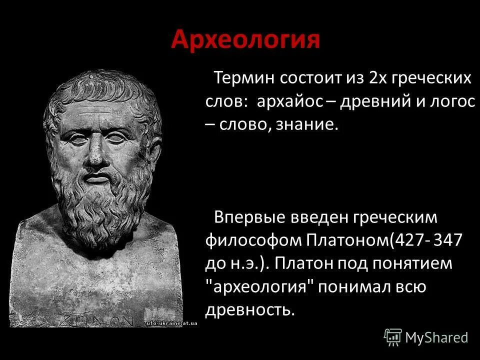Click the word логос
(x=451, y=101)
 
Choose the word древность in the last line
(x=248, y=309)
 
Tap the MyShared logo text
(x=436, y=338)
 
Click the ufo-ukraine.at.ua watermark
(x=171, y=323)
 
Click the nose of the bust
(x=97, y=152)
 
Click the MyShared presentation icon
(x=393, y=337)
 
